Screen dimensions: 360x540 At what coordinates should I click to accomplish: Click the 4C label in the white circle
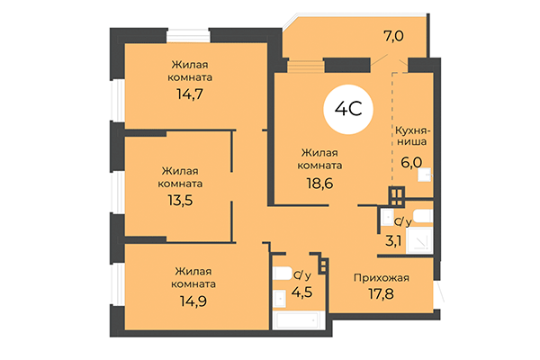[x=349, y=112]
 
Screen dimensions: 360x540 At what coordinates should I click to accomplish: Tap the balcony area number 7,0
[x=393, y=37]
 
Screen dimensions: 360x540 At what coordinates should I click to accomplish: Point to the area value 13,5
[x=181, y=200]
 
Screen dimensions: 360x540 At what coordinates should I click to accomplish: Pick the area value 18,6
[x=320, y=182]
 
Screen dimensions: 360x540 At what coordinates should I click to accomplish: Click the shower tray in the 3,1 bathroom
[x=420, y=240]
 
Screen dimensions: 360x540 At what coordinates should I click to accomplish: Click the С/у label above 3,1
[x=402, y=220]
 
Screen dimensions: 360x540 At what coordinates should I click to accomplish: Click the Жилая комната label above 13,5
[x=181, y=176]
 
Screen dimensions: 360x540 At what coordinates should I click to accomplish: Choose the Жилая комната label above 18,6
[x=320, y=158]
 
